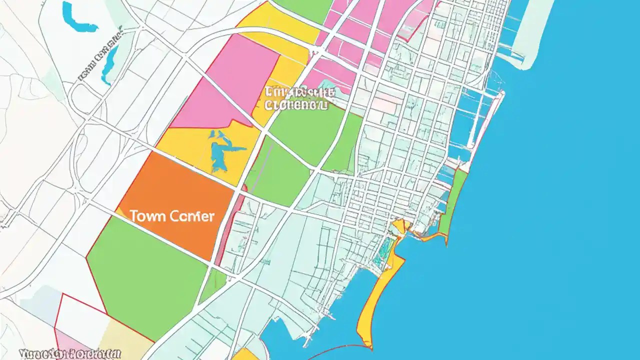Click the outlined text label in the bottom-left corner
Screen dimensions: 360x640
[x=70, y=353]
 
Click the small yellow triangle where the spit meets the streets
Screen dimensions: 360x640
[x=398, y=226]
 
